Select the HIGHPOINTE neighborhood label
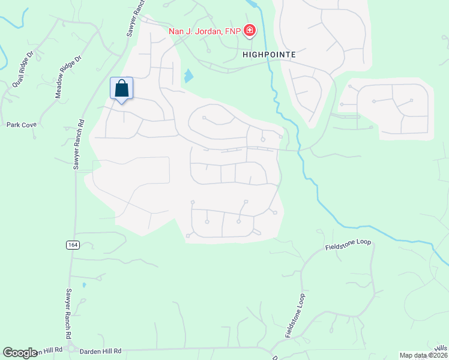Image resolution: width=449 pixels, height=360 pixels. tap(270, 54)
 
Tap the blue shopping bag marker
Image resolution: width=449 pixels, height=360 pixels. tap(121, 89)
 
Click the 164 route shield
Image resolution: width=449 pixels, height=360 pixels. tap(73, 244)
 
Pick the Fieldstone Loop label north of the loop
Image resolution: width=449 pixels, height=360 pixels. tap(348, 244)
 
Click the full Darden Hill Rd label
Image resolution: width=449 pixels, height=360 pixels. tap(101, 350)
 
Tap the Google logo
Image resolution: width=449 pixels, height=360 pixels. tap(20, 353)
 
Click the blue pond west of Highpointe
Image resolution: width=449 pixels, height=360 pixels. tap(188, 76)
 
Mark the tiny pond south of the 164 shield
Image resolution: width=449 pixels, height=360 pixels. tap(84, 284)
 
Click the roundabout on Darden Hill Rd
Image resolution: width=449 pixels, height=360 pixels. tap(71, 349)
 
